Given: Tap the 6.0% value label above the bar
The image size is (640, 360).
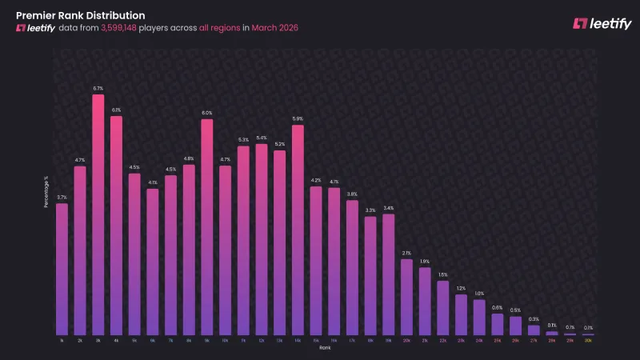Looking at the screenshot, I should click(206, 113).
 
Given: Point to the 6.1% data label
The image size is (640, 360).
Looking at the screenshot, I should click(116, 110).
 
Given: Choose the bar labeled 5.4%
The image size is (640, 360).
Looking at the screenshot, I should click(261, 239).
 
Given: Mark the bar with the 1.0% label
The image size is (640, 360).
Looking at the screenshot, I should click(479, 317).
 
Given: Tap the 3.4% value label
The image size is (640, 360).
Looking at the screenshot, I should click(388, 208).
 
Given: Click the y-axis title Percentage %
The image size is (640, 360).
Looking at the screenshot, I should click(46, 192).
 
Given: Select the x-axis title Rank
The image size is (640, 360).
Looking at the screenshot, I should click(324, 348).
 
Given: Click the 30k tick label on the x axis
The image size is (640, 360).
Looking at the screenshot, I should click(588, 341).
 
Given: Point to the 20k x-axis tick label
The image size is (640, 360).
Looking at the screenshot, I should click(406, 341).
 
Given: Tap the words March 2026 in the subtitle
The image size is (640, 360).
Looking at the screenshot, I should click(275, 28).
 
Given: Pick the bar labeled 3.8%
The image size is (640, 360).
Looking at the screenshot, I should click(352, 267).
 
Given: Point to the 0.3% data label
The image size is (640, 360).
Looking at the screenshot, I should click(534, 319).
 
